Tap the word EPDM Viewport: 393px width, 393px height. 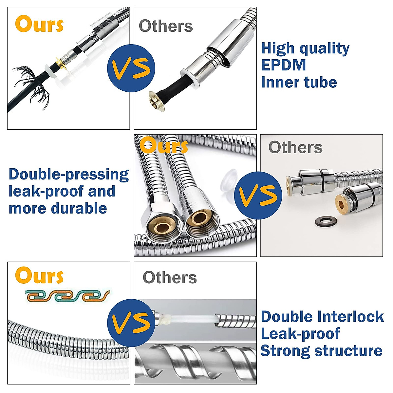(283, 65)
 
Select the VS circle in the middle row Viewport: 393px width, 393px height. (258, 196)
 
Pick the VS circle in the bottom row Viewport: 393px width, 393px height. (131, 323)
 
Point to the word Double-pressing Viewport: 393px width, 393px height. (68, 174)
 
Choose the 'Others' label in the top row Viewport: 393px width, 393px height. (166, 26)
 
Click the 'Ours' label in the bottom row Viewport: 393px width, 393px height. (39, 276)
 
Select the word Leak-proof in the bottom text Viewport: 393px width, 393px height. (300, 334)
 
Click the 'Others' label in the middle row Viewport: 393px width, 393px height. (295, 147)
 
